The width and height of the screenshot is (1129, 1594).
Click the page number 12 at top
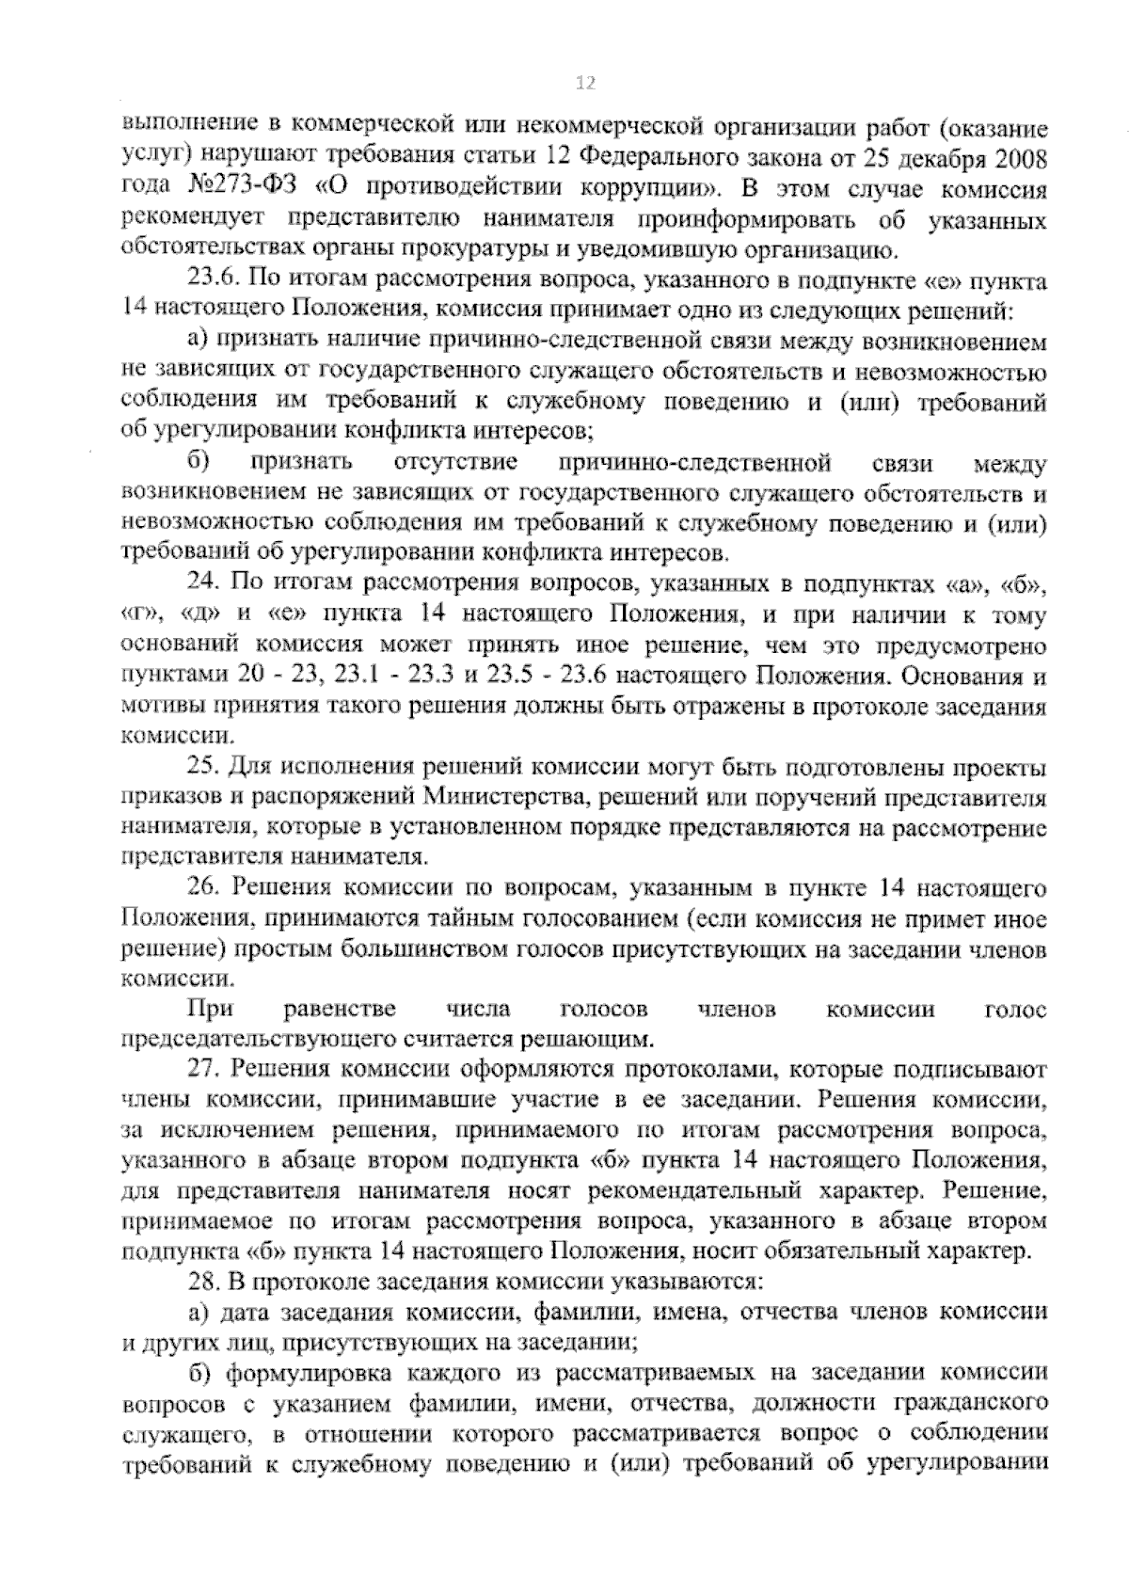584,85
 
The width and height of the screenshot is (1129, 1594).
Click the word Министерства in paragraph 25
496,799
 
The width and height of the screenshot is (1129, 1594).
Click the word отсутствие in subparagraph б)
456,463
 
